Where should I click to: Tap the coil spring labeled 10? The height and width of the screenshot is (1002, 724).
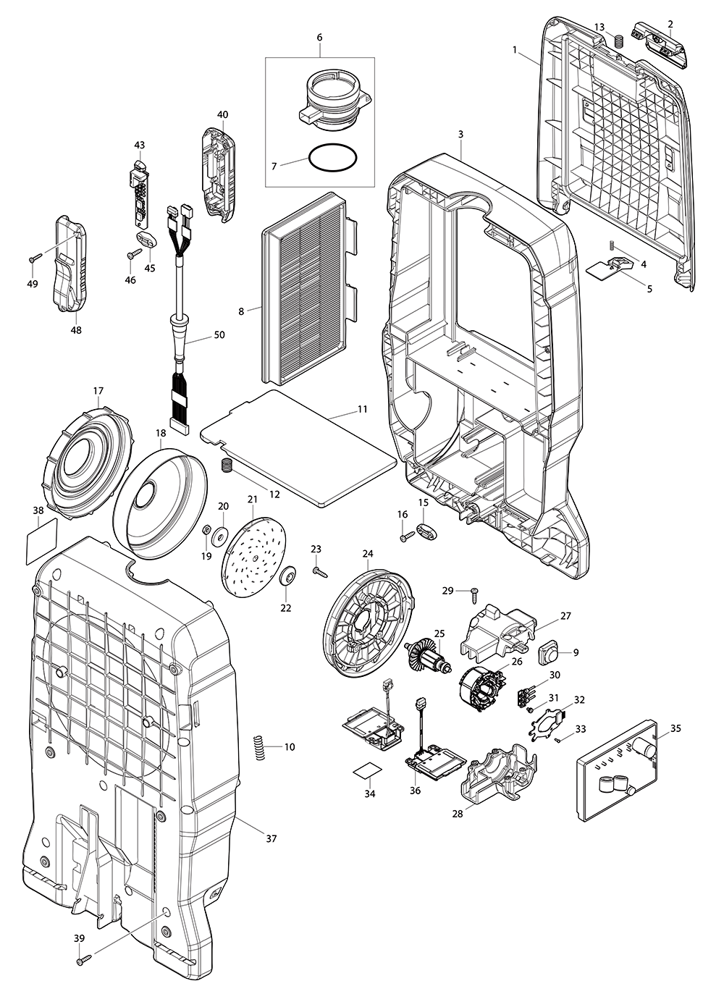(258, 746)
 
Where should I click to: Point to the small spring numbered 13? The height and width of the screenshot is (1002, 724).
(619, 41)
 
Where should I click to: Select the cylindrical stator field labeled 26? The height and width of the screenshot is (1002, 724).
(480, 686)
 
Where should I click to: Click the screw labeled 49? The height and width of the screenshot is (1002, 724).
(34, 258)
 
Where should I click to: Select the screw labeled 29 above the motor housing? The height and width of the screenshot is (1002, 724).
(473, 594)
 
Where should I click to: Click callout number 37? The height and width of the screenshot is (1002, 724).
(271, 839)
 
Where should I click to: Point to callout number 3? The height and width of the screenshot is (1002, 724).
(460, 134)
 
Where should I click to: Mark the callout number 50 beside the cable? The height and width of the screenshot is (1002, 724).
(219, 335)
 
